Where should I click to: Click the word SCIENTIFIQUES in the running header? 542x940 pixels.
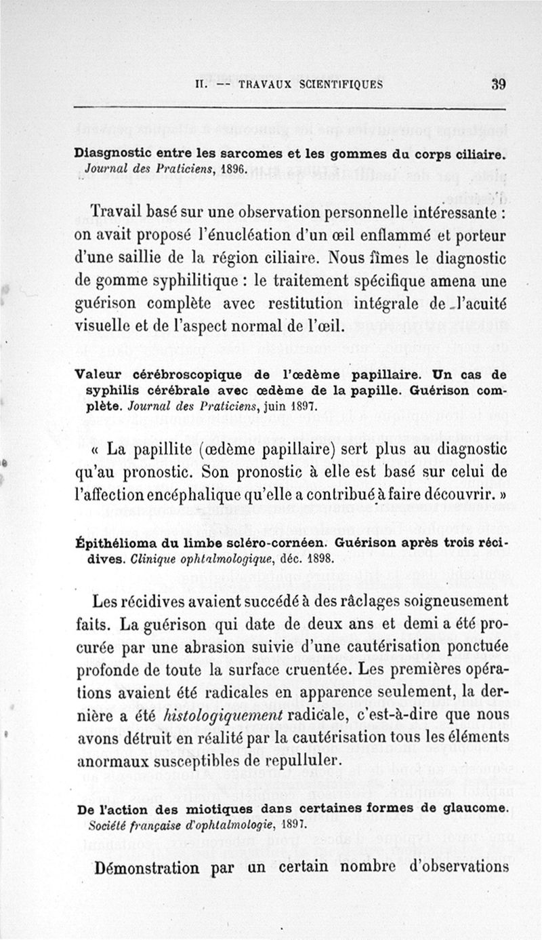click(335, 85)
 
